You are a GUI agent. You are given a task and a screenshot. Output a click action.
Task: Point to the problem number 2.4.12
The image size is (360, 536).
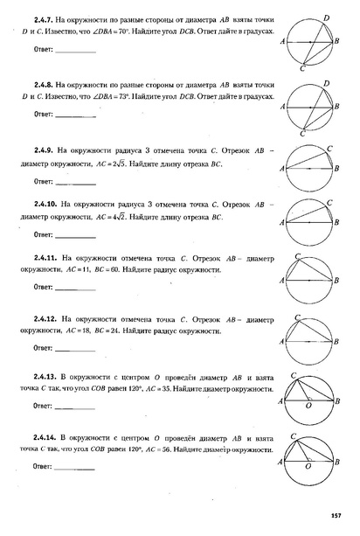pyautogui.click(x=48, y=319)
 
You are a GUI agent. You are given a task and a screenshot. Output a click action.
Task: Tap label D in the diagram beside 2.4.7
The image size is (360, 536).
pyautogui.click(x=326, y=17)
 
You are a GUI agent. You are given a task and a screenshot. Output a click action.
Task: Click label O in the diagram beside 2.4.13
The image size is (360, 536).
pyautogui.click(x=309, y=407)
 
